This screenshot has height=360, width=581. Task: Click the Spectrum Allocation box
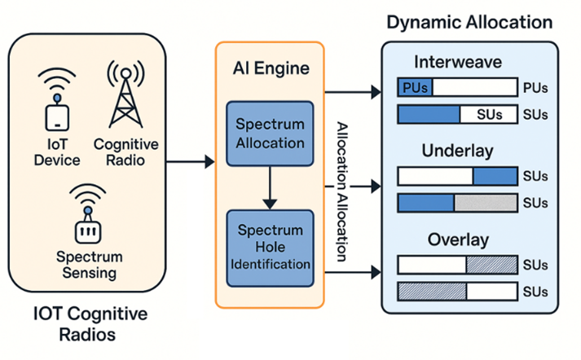(x=270, y=133)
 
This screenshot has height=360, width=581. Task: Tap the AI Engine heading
(x=269, y=68)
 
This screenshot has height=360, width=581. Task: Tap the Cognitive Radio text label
(x=125, y=151)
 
